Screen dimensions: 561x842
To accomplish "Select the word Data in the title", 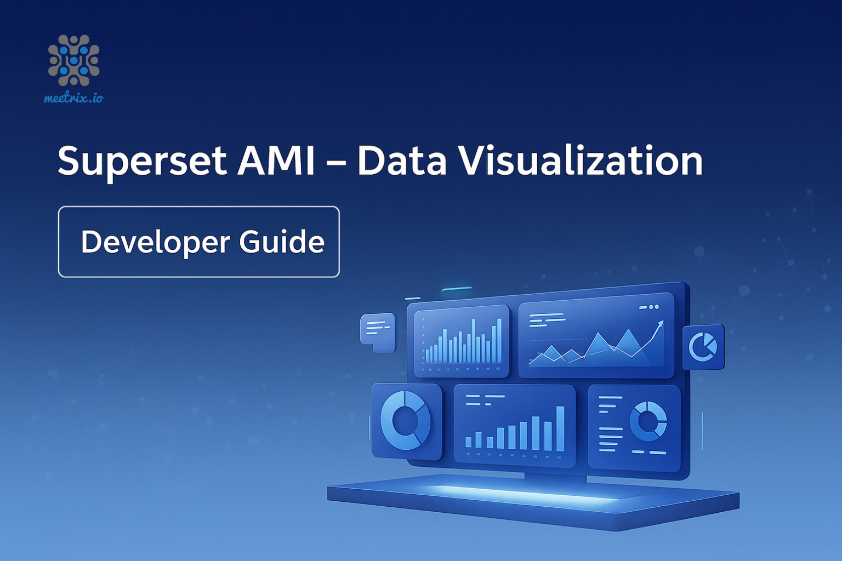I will pos(402,161).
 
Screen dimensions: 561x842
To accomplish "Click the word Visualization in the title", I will pos(581,161).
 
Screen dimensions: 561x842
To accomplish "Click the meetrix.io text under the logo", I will pos(73,98).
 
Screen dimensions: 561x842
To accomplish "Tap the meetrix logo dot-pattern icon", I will pos(73,60).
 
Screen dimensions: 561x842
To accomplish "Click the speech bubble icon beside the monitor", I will pos(377,331).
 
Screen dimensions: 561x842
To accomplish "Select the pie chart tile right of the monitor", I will pos(703,347).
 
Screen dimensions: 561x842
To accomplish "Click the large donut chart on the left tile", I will pos(406,421).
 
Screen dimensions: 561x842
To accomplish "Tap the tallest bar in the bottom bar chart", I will pos(560,428).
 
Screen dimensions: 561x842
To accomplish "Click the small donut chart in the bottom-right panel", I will pos(648,421).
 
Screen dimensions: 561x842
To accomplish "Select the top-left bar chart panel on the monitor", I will pos(461,341).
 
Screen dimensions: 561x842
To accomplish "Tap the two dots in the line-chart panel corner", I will pos(653,307).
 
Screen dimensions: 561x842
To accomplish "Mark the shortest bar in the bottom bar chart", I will pos(468,442).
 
